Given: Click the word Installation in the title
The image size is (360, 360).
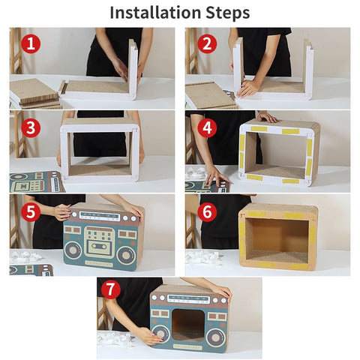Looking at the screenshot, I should pos(154,13).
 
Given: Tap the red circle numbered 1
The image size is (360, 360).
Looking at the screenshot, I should pos(30,43).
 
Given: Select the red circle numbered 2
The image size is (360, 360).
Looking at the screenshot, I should pos(208,43).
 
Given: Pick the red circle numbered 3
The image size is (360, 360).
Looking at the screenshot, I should pos(30,127).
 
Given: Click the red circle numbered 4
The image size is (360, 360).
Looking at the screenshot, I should pos(208,127).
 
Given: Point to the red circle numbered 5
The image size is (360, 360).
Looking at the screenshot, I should pos(30,211).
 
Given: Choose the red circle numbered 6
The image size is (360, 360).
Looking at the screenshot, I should pos(208,211).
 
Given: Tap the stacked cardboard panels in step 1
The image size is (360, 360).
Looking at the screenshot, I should pos(33,91).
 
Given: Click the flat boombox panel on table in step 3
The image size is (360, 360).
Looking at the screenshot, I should pos(34,181).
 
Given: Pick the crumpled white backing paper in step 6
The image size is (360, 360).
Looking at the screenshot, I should pos(204,256).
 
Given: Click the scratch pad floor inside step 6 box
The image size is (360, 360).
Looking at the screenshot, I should pos(277,255).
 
